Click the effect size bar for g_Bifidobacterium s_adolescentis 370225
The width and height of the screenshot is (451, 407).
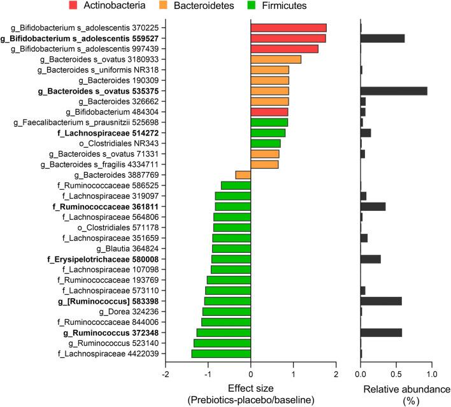tap(289, 28)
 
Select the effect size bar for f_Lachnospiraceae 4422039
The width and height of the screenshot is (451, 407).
tap(221, 353)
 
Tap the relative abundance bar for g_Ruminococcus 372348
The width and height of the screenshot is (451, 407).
tap(381, 332)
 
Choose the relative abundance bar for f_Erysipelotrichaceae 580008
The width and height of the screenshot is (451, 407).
tap(371, 259)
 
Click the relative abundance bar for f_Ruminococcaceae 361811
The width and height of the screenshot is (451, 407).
tap(373, 206)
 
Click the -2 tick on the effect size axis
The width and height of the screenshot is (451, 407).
tap(166, 374)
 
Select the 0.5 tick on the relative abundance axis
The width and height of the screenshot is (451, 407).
tap(396, 374)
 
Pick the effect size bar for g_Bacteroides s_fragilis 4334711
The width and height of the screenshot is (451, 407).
tap(264, 164)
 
